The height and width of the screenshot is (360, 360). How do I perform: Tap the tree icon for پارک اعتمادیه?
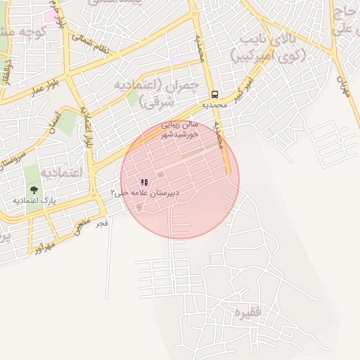[34, 190]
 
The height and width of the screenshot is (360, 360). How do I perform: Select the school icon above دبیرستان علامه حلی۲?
[145, 182]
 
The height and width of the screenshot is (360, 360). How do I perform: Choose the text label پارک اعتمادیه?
[34, 200]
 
